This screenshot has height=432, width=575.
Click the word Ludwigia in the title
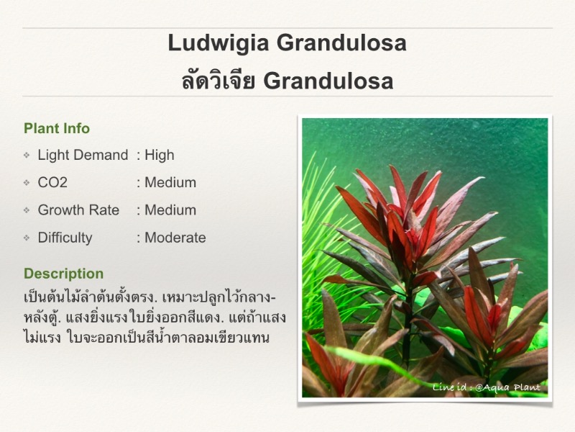point(218,44)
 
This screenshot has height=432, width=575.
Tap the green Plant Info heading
point(57,128)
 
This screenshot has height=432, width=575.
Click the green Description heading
point(64,274)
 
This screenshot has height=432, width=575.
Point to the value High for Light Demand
point(160,155)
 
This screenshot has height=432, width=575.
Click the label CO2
point(52,182)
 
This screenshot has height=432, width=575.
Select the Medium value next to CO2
point(170,182)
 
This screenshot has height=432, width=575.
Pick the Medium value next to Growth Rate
point(170,210)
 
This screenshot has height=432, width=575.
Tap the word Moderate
point(175,238)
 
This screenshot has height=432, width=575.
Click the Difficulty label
point(65,238)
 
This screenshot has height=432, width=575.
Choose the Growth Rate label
point(78,210)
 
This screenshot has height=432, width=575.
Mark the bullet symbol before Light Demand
point(27,155)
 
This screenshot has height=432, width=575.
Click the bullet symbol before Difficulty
point(27,238)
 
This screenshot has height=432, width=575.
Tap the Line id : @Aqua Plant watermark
point(487,387)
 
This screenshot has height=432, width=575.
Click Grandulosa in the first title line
point(342,44)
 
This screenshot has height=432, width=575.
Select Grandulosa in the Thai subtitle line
point(328,81)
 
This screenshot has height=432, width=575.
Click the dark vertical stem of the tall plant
point(406,323)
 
